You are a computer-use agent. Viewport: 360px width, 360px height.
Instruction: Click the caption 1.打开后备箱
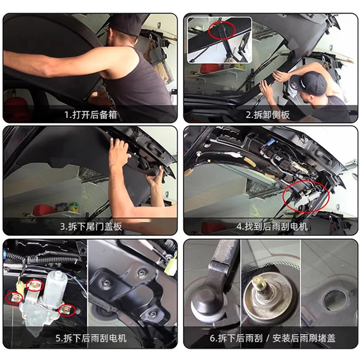click(x=90, y=115)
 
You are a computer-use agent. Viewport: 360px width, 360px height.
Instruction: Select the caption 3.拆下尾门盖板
click(x=91, y=227)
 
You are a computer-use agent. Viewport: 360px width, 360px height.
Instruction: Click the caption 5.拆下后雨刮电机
click(x=91, y=339)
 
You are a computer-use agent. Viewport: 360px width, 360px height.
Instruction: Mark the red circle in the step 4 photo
click(x=306, y=198)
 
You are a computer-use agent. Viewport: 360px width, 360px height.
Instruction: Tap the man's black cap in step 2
click(x=309, y=84)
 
